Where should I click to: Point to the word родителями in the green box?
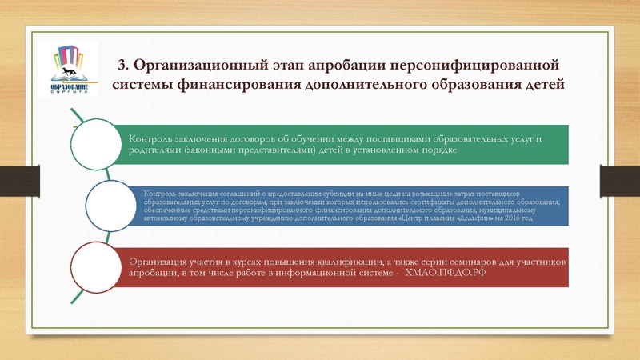tap(157, 152)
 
